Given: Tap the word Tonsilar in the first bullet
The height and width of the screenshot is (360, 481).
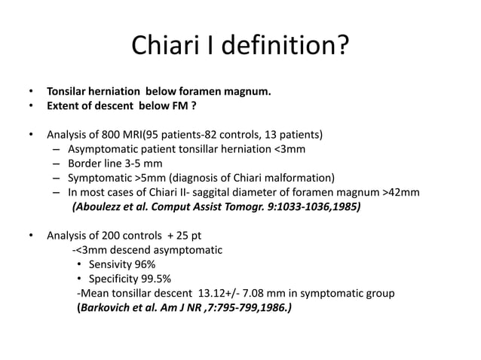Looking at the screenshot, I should point(69,93).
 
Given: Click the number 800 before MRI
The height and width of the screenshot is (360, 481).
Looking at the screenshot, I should point(103,136).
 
